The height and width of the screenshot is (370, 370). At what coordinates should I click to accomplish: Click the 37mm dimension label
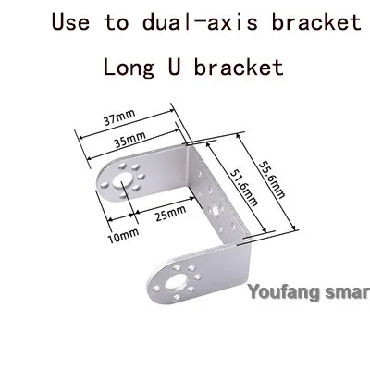(119, 117)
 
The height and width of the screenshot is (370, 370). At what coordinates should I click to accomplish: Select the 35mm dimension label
(129, 140)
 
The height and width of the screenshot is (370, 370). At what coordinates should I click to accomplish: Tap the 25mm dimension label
(170, 214)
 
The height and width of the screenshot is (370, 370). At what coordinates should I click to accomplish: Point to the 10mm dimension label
(123, 236)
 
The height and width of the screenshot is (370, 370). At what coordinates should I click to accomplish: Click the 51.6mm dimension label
(244, 189)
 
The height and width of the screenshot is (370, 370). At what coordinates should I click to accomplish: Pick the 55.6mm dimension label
(272, 179)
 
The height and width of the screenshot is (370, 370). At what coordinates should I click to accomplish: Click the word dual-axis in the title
(200, 22)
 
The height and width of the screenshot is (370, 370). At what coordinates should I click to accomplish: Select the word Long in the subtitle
(129, 68)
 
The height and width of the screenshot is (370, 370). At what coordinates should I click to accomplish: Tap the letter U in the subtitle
(174, 67)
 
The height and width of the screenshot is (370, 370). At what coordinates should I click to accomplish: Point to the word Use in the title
(70, 22)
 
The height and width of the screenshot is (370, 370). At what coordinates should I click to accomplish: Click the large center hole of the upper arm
(121, 181)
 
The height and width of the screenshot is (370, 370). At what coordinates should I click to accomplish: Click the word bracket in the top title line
(316, 22)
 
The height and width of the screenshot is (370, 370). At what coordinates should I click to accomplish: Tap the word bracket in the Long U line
(239, 67)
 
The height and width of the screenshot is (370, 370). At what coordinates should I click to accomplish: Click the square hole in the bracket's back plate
(216, 210)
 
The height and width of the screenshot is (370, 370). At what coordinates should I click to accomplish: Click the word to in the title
(117, 22)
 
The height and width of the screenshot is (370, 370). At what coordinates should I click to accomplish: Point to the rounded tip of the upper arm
(98, 184)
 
